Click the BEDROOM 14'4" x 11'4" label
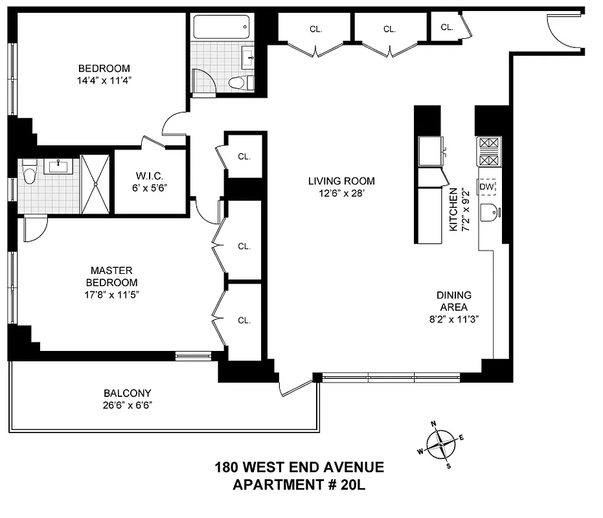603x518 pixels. [104, 74]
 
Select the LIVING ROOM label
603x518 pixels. [341, 187]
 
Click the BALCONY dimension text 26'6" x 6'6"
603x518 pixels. [128, 405]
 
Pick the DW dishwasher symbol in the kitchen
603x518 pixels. [487, 188]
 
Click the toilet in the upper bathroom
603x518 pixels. [238, 83]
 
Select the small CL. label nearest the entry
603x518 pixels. [447, 27]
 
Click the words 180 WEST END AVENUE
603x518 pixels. [299, 467]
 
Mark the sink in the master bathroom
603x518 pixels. [58, 166]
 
